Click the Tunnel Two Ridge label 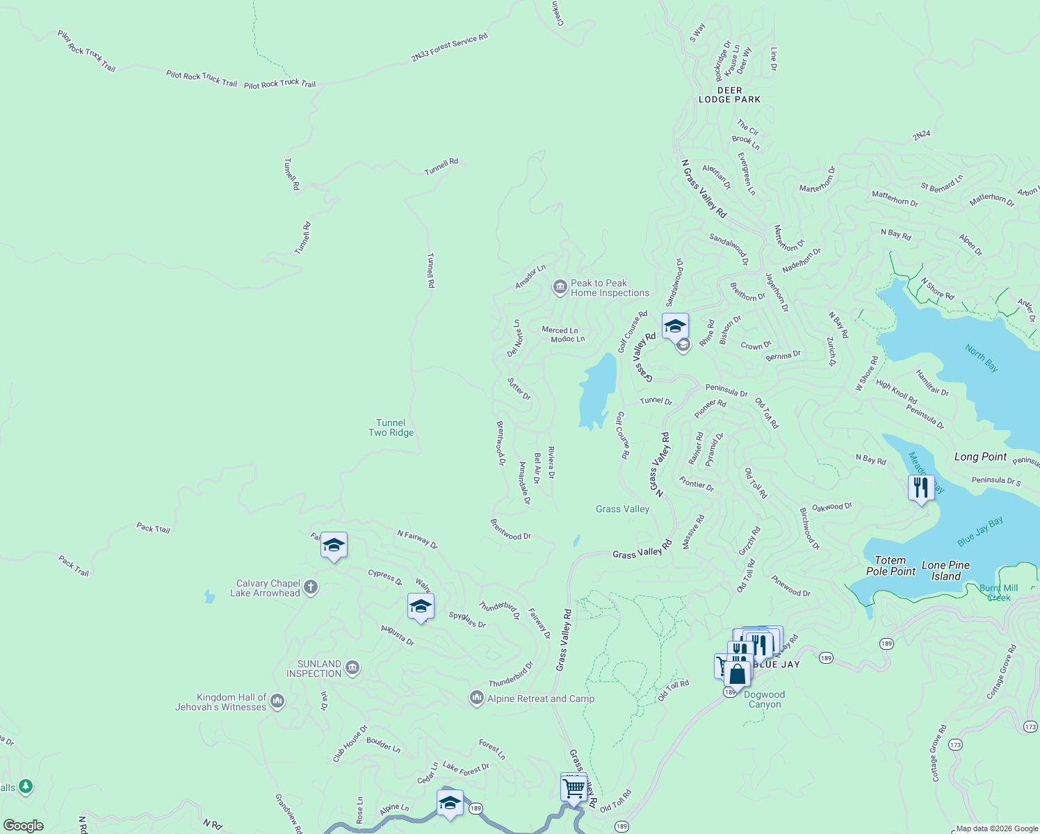click(391, 427)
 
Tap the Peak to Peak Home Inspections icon click(560, 288)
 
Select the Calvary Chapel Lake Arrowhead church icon click(311, 588)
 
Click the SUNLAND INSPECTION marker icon click(352, 669)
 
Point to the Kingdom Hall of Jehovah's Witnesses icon click(277, 702)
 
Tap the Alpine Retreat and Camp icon click(476, 698)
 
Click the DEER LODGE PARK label click(729, 95)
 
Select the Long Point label click(980, 457)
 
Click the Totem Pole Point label click(891, 566)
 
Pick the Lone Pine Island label click(945, 571)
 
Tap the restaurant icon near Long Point click(921, 488)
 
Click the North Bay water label click(982, 358)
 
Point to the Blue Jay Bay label click(980, 531)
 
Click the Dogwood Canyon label click(764, 699)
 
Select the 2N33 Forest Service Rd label click(449, 47)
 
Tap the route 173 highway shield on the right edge click(1030, 726)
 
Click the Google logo click(23, 825)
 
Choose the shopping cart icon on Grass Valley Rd click(574, 788)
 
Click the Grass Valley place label click(622, 509)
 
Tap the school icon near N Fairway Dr click(334, 546)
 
